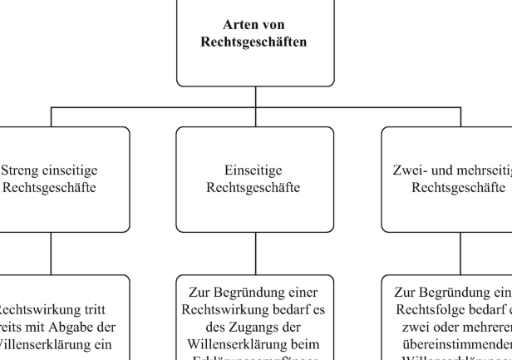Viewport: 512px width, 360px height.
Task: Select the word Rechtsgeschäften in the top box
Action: (x=256, y=42)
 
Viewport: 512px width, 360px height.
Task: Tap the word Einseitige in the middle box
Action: (x=256, y=171)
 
